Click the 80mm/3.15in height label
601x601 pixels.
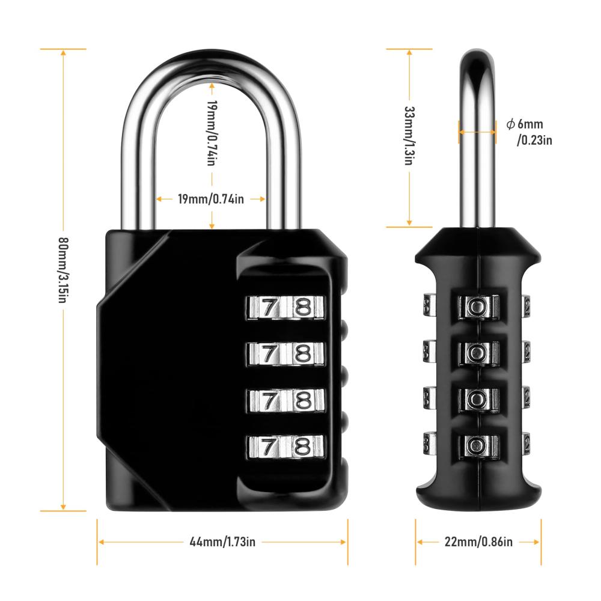[63, 270]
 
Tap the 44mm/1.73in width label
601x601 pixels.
[222, 542]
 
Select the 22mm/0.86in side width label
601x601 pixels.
[478, 542]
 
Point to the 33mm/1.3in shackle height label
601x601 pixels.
[410, 135]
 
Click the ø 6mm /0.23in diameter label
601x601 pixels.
[529, 132]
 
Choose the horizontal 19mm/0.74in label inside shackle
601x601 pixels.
[211, 199]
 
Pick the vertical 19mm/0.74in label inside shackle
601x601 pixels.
[212, 133]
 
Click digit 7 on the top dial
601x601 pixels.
[269, 307]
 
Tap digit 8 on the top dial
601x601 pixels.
[303, 307]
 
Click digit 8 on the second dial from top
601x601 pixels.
[303, 353]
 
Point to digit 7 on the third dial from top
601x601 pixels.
[269, 400]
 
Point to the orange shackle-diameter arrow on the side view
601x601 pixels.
[477, 132]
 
